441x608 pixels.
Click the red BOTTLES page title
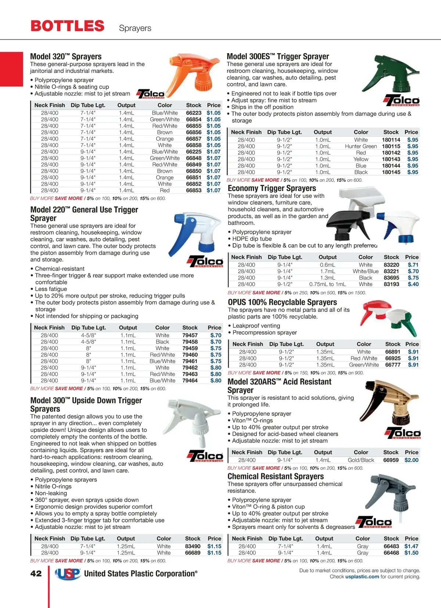click(x=68, y=26)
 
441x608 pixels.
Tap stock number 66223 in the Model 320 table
click(x=194, y=113)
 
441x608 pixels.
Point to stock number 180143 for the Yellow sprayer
click(x=391, y=159)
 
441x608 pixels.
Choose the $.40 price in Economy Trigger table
click(x=413, y=284)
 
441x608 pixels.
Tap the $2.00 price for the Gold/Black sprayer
click(x=411, y=460)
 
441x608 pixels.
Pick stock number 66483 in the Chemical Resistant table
click(x=391, y=546)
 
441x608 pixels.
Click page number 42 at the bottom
click(x=36, y=573)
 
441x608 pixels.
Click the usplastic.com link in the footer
click(x=362, y=577)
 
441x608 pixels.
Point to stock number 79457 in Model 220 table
click(x=190, y=335)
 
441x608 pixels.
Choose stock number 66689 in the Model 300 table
click(x=193, y=553)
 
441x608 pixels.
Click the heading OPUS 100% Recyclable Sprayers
click(x=282, y=302)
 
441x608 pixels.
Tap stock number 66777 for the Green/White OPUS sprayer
click(x=392, y=365)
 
